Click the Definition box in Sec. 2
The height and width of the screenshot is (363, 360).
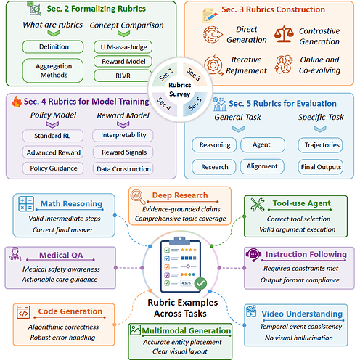click(53, 46)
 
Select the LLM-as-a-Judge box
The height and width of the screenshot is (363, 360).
click(123, 47)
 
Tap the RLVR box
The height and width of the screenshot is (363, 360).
click(123, 76)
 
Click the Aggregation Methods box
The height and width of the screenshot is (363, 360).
click(53, 70)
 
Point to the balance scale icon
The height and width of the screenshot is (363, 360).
click(284, 34)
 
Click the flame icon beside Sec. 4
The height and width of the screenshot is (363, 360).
click(17, 101)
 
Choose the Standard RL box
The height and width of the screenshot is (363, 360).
click(53, 136)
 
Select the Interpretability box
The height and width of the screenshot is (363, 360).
click(123, 135)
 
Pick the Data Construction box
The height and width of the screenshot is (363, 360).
click(123, 168)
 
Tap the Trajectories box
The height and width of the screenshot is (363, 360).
click(320, 145)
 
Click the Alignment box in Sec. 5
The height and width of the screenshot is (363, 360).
click(262, 166)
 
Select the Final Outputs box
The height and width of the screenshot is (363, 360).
click(321, 167)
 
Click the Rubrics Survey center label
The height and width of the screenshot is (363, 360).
click(180, 89)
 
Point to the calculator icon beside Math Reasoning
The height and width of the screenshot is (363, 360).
click(26, 204)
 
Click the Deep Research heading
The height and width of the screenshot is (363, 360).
click(180, 195)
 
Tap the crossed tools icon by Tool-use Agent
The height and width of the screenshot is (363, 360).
click(258, 205)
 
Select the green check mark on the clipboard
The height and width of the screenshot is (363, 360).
click(200, 283)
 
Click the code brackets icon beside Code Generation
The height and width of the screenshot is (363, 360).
click(23, 312)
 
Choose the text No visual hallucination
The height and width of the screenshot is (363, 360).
click(299, 338)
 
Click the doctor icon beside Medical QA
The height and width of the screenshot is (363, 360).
click(15, 254)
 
